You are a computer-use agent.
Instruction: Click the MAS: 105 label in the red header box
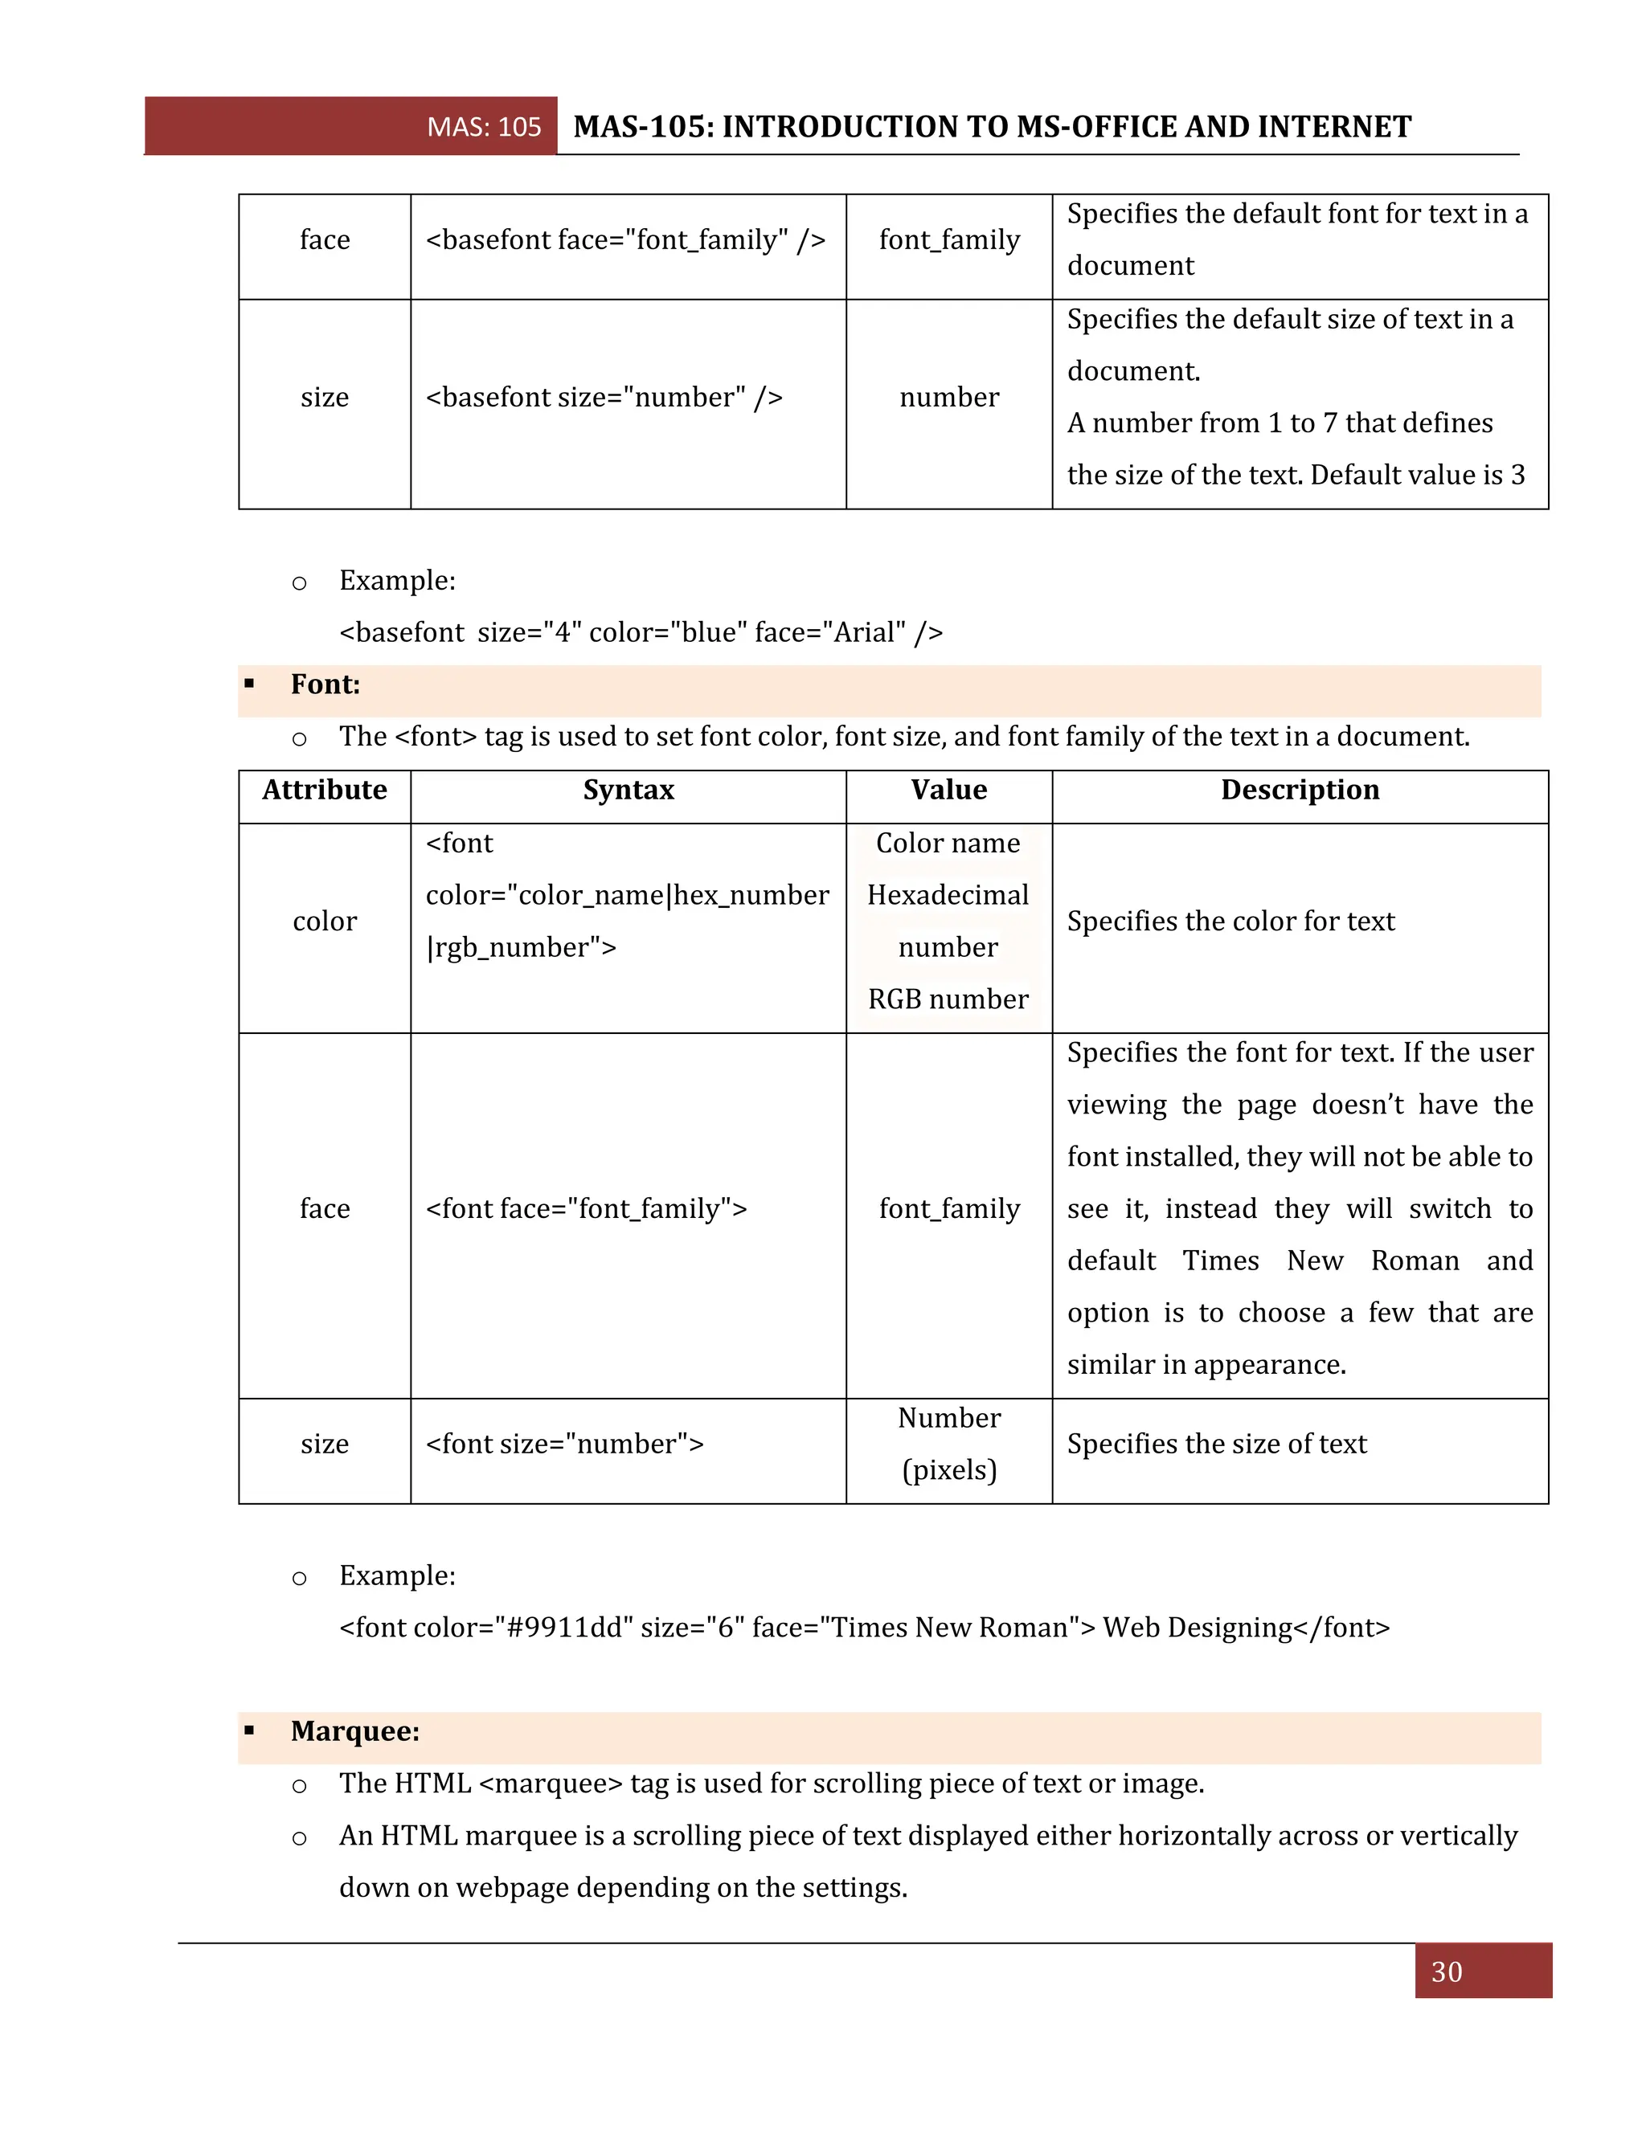click(x=484, y=127)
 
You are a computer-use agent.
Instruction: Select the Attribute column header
click(x=324, y=790)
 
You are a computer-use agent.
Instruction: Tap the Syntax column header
click(x=628, y=790)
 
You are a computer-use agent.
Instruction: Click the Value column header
click(x=949, y=790)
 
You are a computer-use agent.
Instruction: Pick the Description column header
click(x=1299, y=790)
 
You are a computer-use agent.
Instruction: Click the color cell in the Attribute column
click(x=325, y=921)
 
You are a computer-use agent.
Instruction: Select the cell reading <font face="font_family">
click(x=586, y=1209)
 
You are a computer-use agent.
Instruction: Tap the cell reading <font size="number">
click(x=564, y=1444)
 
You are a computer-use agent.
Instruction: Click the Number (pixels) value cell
click(x=949, y=1444)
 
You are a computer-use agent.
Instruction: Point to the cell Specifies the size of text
click(x=1216, y=1444)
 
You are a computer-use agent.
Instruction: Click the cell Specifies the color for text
click(x=1230, y=921)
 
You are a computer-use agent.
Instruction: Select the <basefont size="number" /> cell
click(x=604, y=398)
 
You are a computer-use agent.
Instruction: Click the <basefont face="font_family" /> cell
click(x=625, y=239)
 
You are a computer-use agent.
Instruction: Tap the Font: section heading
click(x=325, y=684)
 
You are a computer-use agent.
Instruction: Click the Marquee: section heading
click(x=355, y=1731)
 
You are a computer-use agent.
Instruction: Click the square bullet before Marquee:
click(x=250, y=1731)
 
